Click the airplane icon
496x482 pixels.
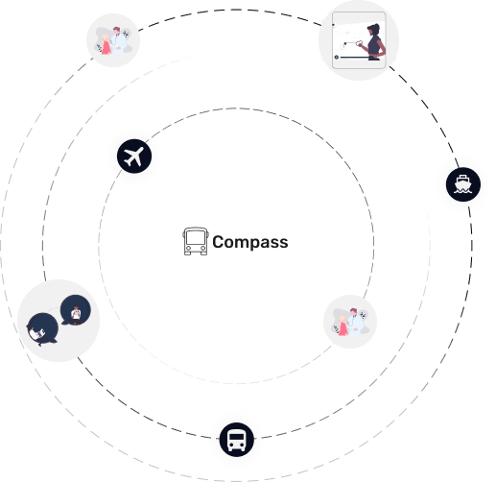point(134,157)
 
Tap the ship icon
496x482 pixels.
point(463,184)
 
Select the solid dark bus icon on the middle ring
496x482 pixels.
point(237,440)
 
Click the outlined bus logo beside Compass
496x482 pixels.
point(196,241)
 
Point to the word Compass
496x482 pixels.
point(250,242)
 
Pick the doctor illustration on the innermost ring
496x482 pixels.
point(350,322)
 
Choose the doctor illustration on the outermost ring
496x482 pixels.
point(113,40)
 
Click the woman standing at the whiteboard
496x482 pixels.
point(373,42)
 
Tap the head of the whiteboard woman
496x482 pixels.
point(374,30)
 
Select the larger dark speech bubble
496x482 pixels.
point(42,329)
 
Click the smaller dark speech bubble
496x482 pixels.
point(76,310)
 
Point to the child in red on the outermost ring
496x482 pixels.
point(106,44)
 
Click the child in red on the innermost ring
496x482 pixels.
point(342,325)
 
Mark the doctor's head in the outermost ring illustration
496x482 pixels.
point(117,31)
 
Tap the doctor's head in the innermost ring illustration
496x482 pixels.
point(353,312)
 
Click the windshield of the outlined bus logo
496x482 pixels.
point(196,237)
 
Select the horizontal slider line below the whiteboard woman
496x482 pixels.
point(354,58)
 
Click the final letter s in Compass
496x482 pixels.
point(283,243)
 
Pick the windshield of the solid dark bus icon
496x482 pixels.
point(237,437)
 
